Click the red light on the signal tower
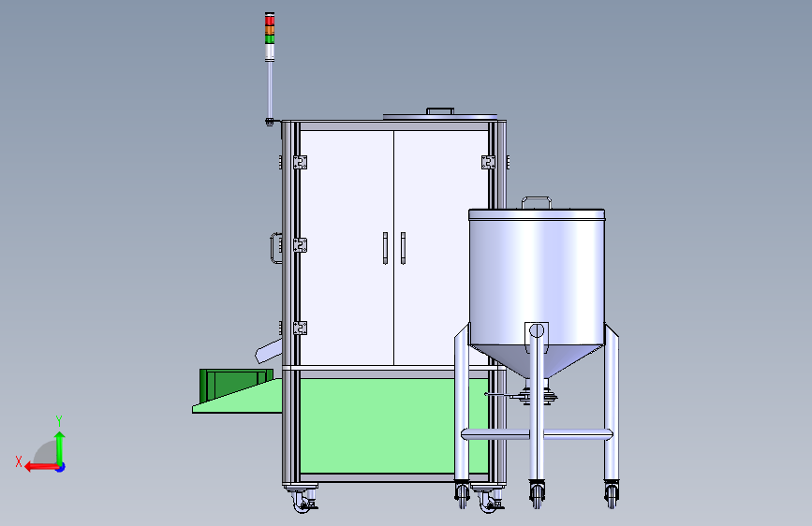270,20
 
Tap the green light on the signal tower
270,38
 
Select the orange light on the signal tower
270,30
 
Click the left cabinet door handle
385,248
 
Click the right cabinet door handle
403,248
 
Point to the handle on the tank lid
536,202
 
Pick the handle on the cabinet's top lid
440,110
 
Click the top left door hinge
300,162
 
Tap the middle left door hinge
300,245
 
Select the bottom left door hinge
300,328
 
